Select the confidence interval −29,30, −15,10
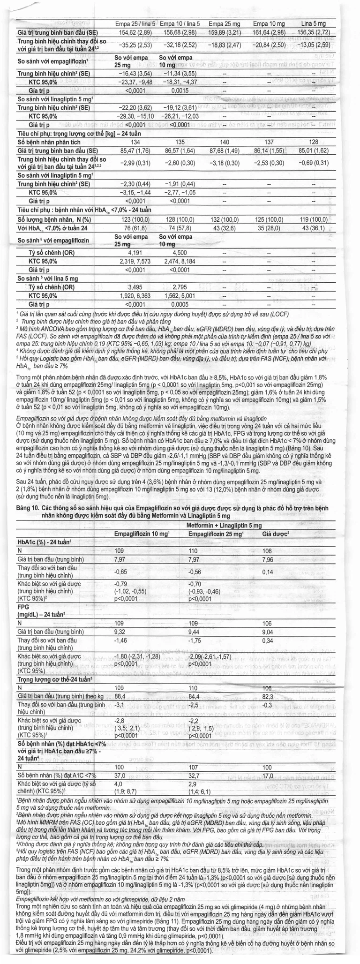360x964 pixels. point(135,116)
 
